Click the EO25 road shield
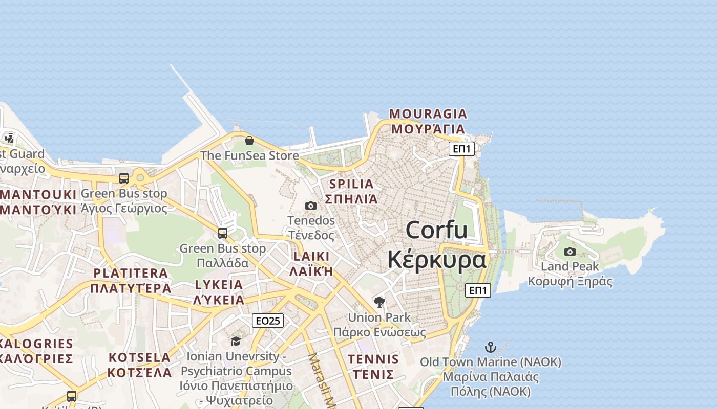(x=268, y=321)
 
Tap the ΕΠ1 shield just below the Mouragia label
(x=461, y=149)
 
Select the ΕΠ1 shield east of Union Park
(x=478, y=290)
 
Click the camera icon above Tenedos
(x=311, y=206)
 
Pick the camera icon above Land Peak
(x=570, y=252)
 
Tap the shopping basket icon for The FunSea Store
(x=249, y=141)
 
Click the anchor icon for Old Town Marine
(x=491, y=348)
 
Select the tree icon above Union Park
(x=379, y=302)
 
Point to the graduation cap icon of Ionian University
(x=236, y=341)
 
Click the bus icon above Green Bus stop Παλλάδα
(x=223, y=233)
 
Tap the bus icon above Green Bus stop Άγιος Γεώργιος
(x=124, y=178)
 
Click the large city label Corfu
(x=436, y=230)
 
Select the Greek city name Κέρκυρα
(x=436, y=259)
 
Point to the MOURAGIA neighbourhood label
(x=428, y=113)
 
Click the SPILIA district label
(x=351, y=184)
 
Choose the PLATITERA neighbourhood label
(x=131, y=273)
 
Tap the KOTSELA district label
(x=139, y=357)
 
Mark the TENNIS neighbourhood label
(x=373, y=359)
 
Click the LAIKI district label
(x=311, y=257)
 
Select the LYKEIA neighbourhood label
(x=219, y=285)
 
